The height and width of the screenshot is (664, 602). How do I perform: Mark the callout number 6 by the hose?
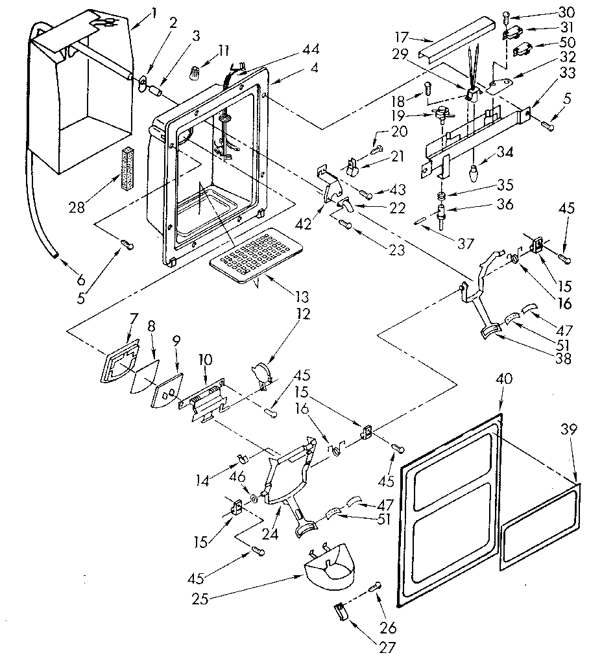point(80,280)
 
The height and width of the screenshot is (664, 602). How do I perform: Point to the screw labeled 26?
point(373,587)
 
